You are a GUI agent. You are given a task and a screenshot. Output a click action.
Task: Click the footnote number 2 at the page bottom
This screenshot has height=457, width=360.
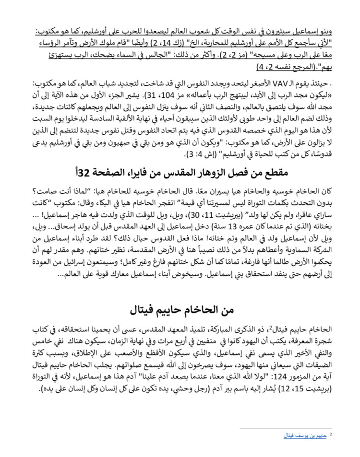330,434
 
